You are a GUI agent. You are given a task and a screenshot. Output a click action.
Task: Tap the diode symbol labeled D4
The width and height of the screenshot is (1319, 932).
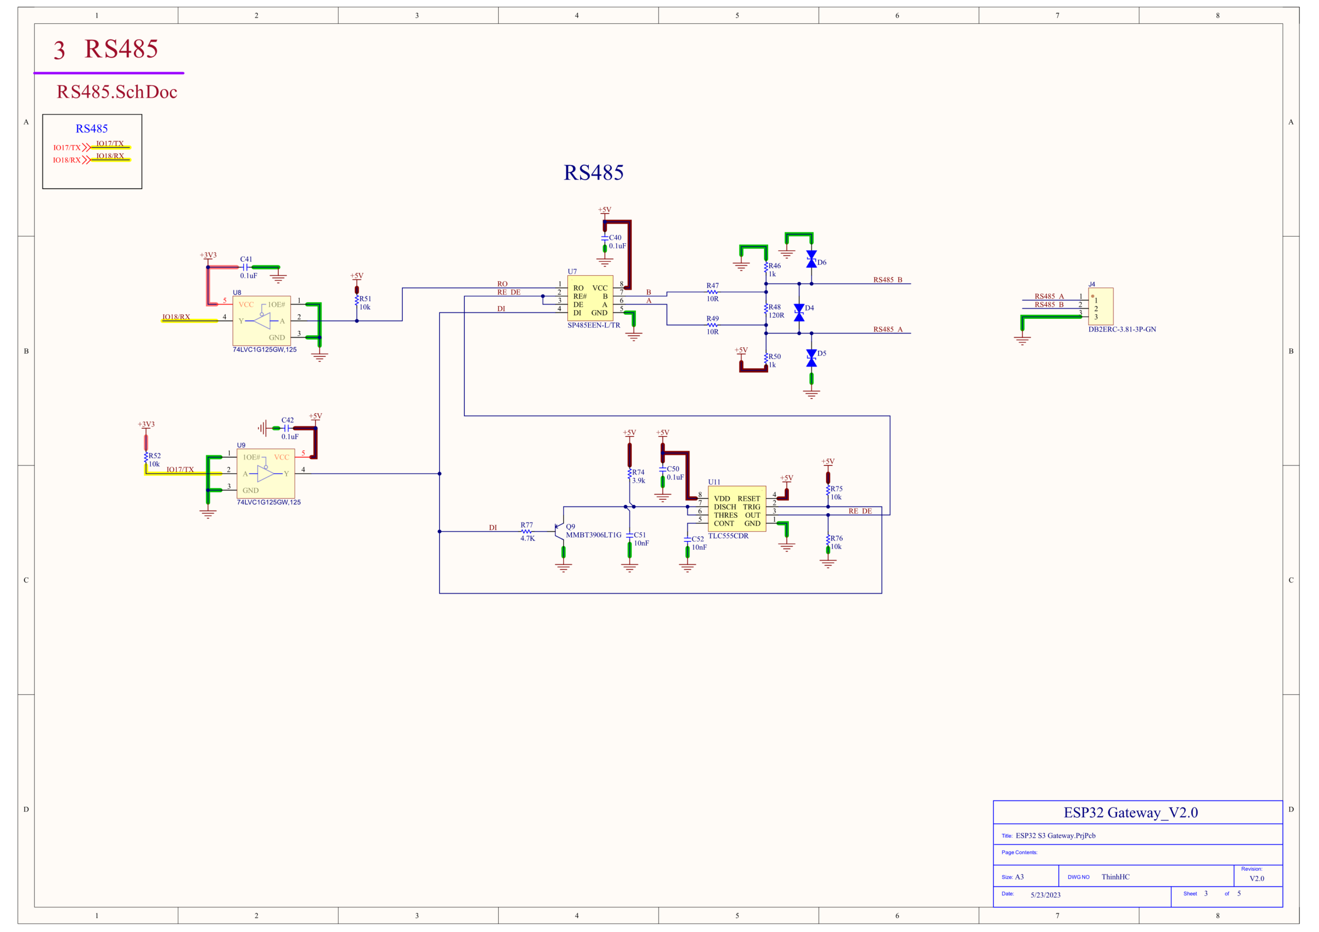click(799, 313)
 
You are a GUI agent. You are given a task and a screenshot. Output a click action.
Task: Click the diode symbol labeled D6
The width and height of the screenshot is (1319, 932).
click(811, 259)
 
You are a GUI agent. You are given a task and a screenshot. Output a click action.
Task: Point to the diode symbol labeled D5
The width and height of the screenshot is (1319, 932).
click(811, 358)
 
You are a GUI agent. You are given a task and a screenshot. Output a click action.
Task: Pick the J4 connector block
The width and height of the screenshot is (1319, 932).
click(1101, 306)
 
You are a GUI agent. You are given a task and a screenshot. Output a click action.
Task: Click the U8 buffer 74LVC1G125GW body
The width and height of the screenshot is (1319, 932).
click(261, 320)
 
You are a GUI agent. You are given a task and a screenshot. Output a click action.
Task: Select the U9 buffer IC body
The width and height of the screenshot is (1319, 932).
click(265, 473)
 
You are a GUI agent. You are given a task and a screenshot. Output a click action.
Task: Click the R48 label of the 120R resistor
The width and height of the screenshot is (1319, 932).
click(774, 307)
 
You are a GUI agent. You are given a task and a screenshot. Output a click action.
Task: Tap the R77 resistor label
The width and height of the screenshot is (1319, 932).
click(527, 524)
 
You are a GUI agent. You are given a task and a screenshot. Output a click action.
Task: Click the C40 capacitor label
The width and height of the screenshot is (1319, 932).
click(615, 238)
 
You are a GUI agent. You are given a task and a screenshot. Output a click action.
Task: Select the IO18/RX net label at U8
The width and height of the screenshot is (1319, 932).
click(176, 317)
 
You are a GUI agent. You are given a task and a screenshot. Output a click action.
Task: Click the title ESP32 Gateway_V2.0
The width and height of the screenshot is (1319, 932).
click(1130, 812)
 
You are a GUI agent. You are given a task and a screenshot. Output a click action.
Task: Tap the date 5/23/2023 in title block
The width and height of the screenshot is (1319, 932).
click(1045, 895)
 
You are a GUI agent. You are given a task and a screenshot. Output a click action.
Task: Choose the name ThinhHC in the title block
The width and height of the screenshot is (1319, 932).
click(1115, 877)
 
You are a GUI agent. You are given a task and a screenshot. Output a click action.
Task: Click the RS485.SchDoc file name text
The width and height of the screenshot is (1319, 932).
click(116, 92)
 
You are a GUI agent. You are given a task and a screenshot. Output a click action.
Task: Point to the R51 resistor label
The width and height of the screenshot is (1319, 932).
click(365, 299)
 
